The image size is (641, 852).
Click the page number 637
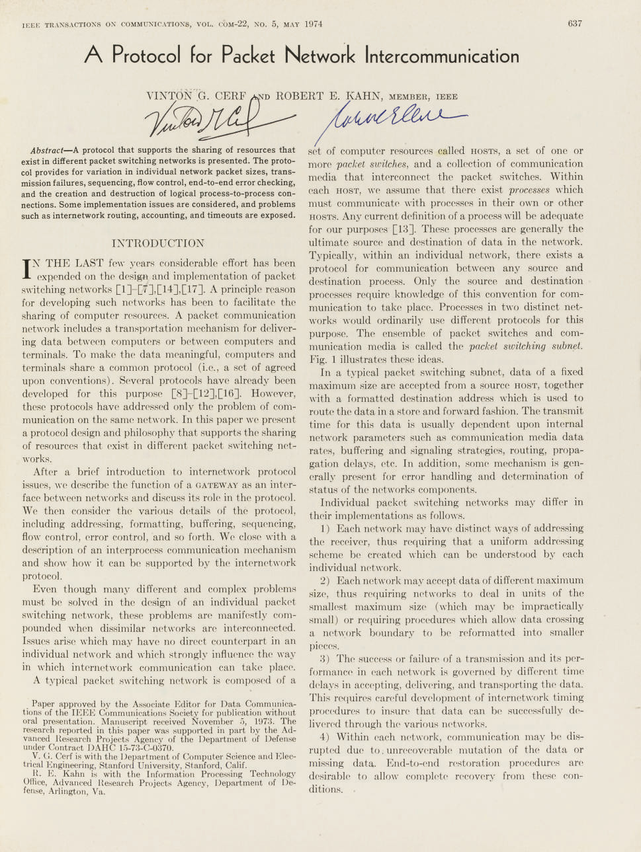tap(575, 23)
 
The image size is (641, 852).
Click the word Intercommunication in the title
tap(441, 55)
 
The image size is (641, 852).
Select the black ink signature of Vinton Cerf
tap(205, 119)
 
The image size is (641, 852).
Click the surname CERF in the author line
tap(230, 96)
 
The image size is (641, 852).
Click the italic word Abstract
tap(47, 150)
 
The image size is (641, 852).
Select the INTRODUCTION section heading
tap(158, 243)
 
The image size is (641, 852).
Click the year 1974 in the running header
tap(314, 24)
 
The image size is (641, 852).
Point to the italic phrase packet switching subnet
tap(526, 346)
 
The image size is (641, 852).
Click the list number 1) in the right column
tap(324, 528)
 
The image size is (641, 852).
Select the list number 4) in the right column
tap(324, 737)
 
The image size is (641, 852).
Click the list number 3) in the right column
tap(324, 658)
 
